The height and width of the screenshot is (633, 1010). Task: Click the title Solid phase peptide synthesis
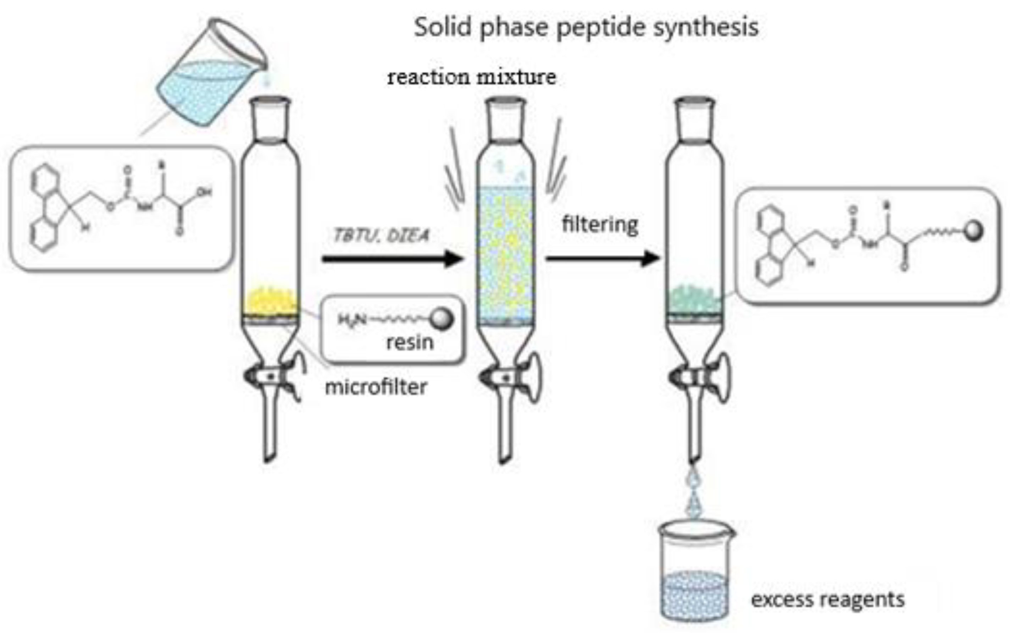[x=586, y=28]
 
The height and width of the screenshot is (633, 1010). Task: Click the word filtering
[x=600, y=225]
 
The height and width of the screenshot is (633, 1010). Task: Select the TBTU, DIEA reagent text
[x=381, y=236]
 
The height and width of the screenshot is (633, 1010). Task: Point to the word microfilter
[x=376, y=387]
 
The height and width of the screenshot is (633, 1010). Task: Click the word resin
[x=410, y=342]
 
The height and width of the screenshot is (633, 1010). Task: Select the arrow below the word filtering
[x=603, y=259]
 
